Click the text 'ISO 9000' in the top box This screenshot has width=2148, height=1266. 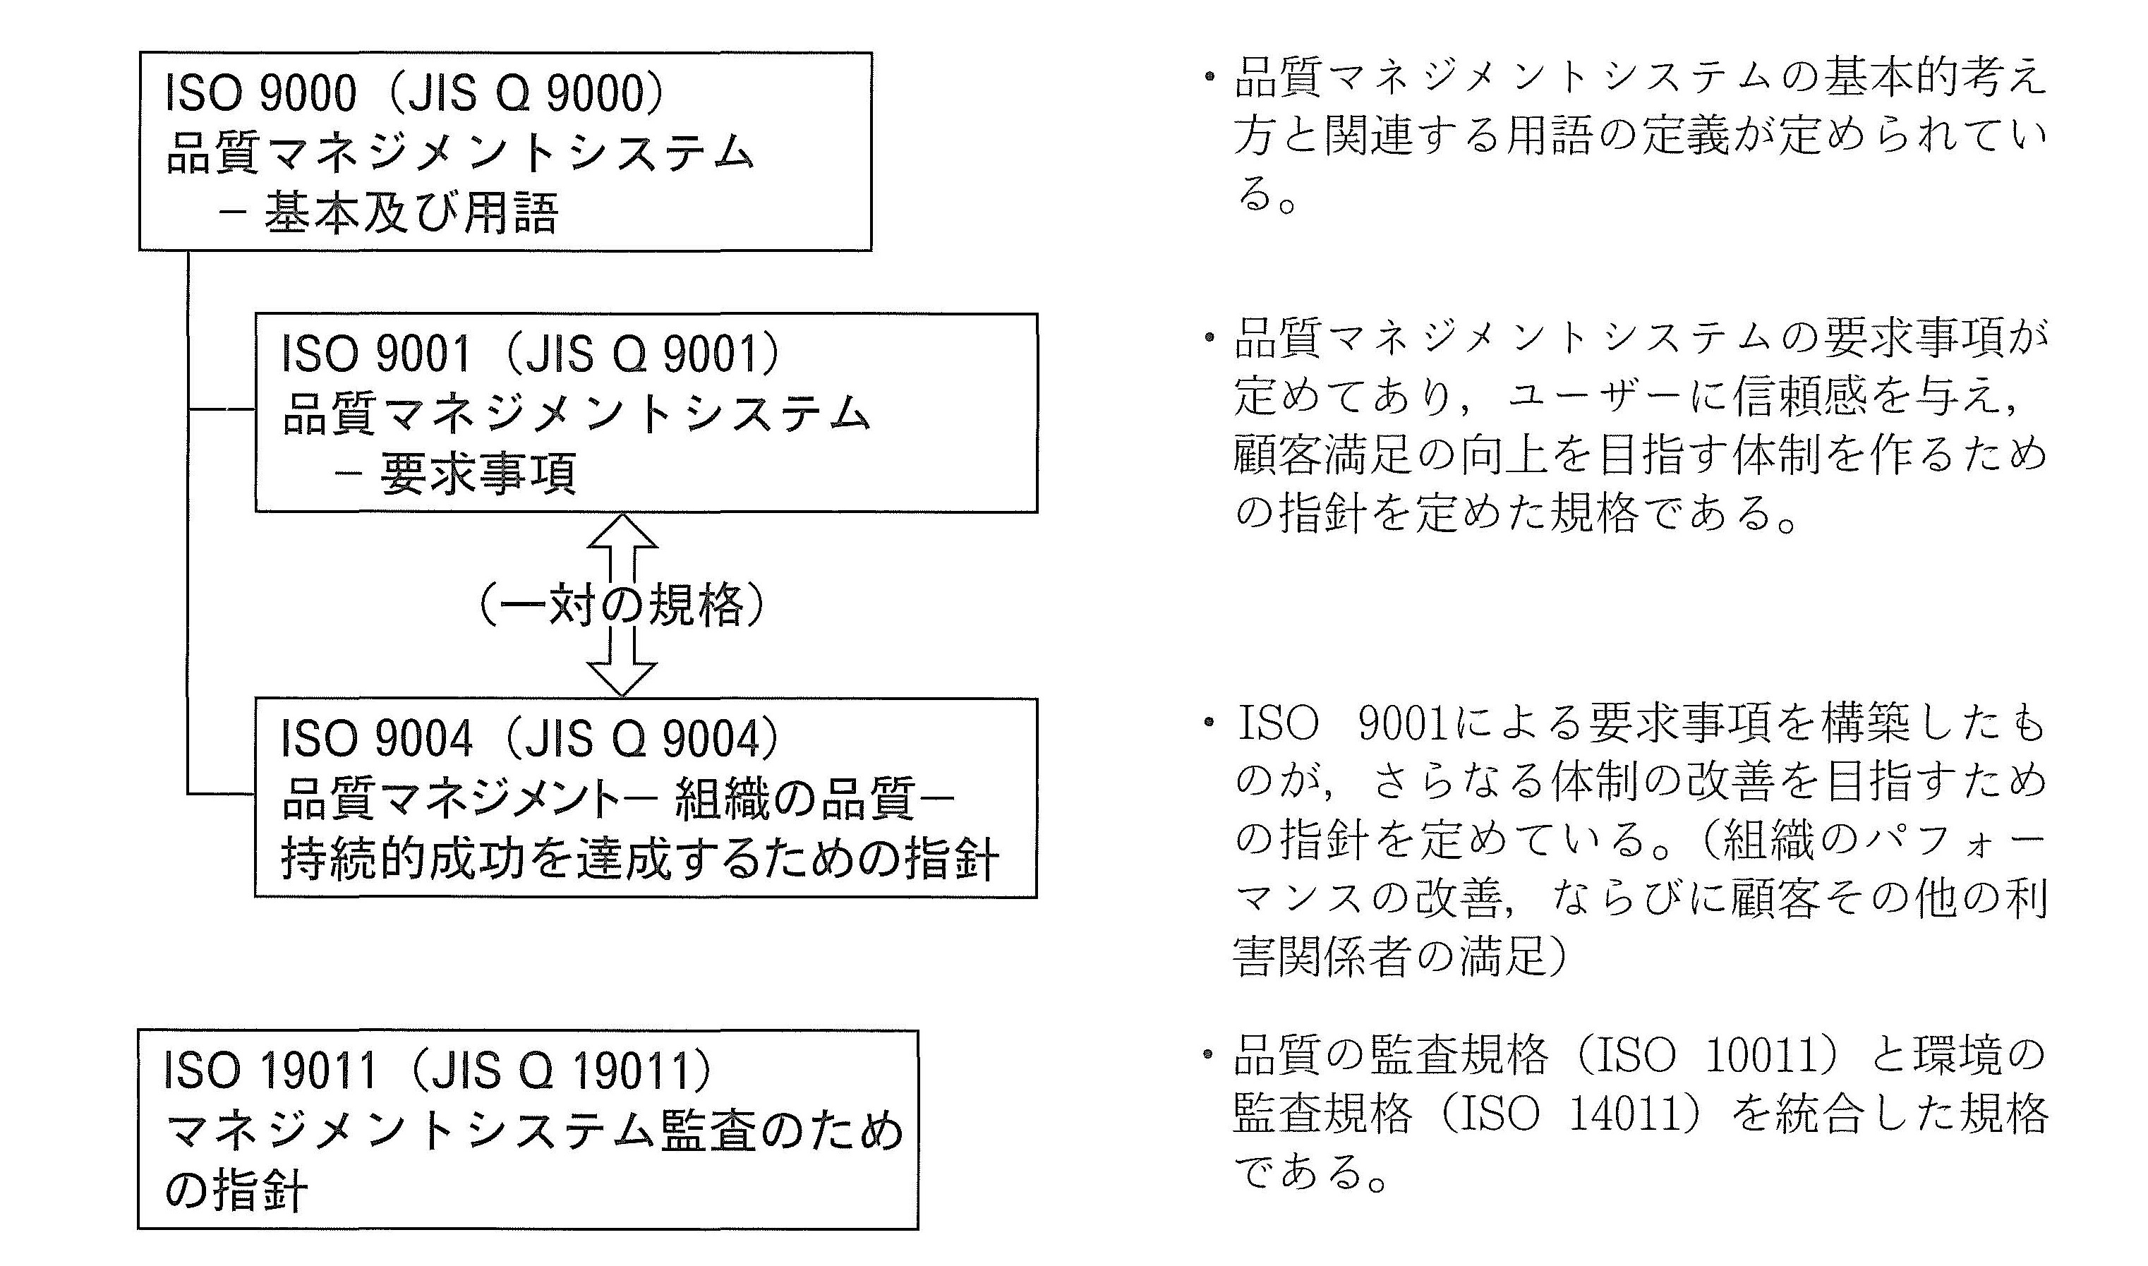(x=260, y=94)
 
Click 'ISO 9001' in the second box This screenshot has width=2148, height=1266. (x=376, y=354)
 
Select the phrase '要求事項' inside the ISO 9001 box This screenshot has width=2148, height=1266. (x=478, y=474)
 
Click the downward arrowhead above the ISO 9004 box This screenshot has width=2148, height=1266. (x=622, y=678)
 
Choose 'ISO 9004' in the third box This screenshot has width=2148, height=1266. (x=376, y=739)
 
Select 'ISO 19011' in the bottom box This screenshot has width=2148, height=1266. (x=270, y=1071)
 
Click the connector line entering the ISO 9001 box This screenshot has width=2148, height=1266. (x=222, y=409)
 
